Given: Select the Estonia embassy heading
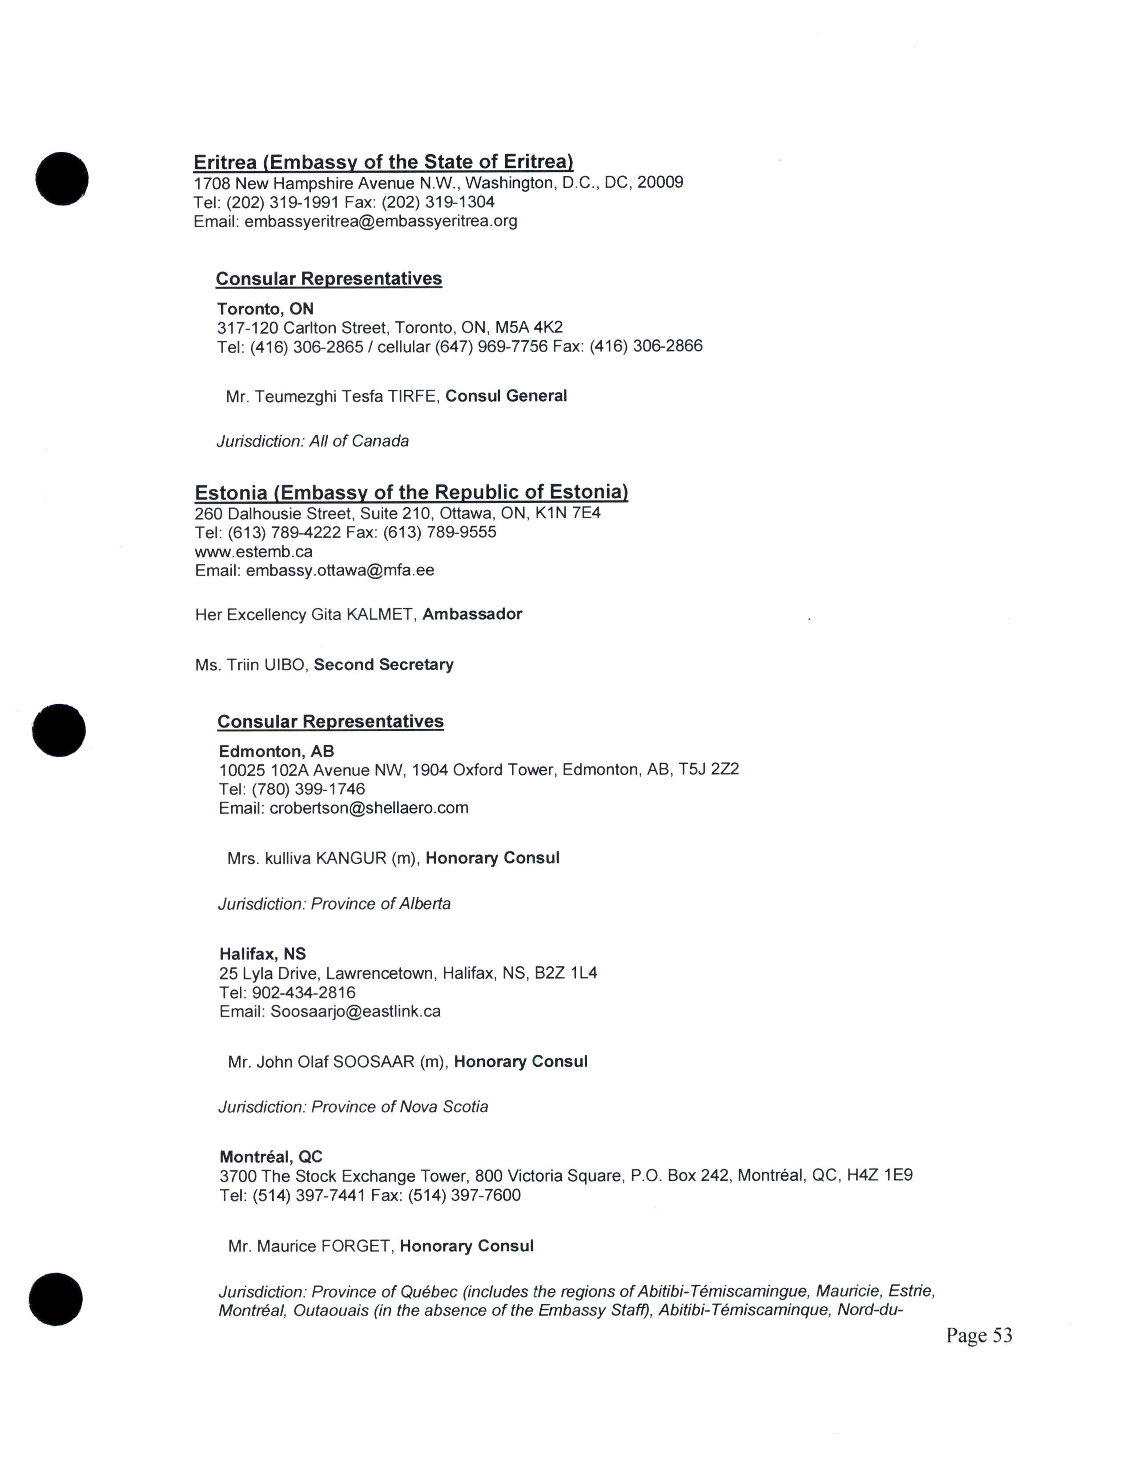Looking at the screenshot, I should coord(411,493).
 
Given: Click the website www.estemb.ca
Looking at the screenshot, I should coord(253,552).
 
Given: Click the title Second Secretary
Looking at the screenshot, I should coord(384,665).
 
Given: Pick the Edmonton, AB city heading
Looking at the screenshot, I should coord(276,751).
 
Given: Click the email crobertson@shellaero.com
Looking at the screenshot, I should coord(369,808).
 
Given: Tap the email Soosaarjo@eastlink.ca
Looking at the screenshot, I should coord(355,1012).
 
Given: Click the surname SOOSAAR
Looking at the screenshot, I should coord(374,1062).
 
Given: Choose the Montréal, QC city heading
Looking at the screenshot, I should coord(271,1157).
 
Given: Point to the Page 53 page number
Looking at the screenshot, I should coord(979,1335).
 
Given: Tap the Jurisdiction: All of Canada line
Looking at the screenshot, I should coord(312,442).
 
